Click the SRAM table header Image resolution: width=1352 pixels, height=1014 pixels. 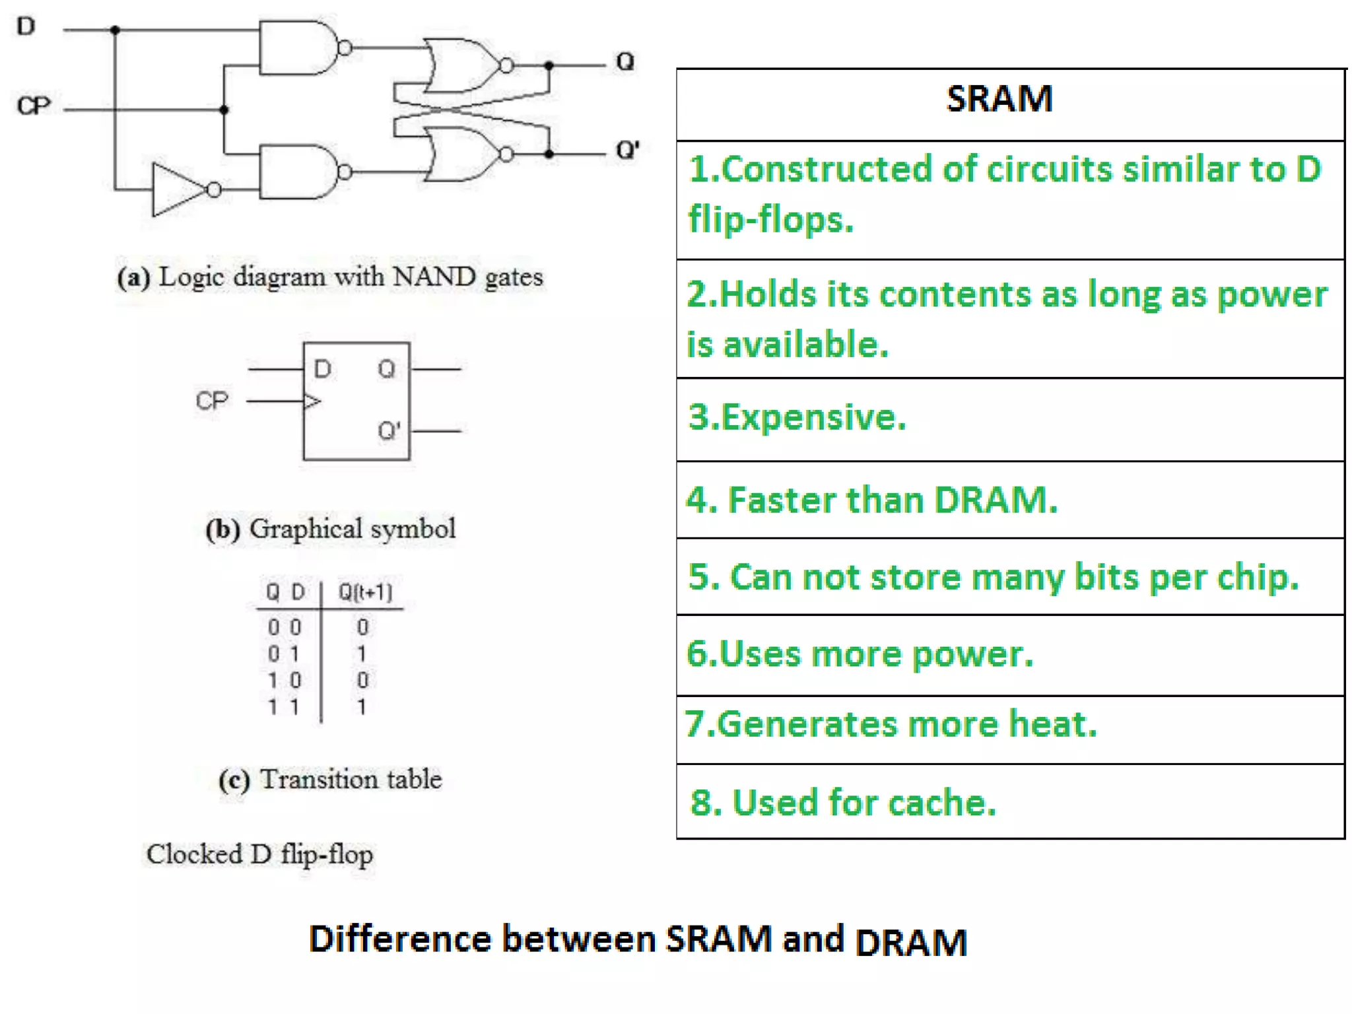tap(999, 100)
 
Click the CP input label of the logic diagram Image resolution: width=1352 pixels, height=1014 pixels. tap(33, 106)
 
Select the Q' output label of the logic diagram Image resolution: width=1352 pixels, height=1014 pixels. tap(627, 151)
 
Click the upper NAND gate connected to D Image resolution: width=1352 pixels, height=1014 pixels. tap(297, 48)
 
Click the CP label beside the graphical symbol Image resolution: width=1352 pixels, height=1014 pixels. tap(212, 401)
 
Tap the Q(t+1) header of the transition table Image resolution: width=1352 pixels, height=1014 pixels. tap(365, 592)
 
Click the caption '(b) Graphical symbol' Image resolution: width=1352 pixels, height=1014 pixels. tap(330, 529)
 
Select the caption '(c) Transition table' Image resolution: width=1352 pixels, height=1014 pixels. tap(330, 780)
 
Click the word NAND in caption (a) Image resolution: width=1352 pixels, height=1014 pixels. tap(434, 277)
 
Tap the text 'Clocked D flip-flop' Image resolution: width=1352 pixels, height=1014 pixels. tap(259, 854)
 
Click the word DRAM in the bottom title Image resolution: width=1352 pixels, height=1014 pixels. tap(910, 942)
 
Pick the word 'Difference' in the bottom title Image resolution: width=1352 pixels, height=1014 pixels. tap(400, 939)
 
